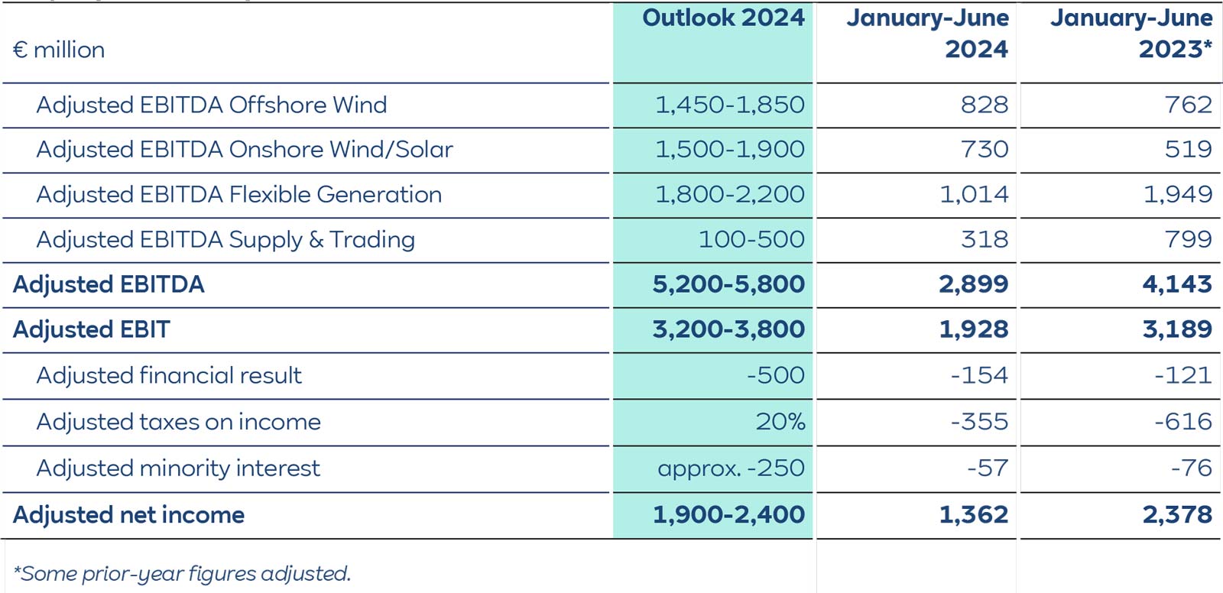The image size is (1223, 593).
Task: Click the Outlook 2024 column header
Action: coord(723,18)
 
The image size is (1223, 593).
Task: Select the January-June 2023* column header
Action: coord(1131,34)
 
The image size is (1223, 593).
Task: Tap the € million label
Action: coord(59,50)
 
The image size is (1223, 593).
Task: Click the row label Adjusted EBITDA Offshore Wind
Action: coord(211,105)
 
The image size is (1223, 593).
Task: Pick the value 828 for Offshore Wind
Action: coord(984,105)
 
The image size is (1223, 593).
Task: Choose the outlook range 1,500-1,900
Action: coord(729,150)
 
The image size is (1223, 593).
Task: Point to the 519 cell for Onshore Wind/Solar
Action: coord(1188,150)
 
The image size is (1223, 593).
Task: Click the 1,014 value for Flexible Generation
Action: coord(973,195)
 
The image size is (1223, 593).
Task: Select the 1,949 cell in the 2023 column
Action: coord(1177,195)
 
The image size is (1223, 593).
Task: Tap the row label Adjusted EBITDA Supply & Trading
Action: coord(225,240)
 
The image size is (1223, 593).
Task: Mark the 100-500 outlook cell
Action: coord(751,240)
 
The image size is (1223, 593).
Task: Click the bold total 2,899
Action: coord(973,284)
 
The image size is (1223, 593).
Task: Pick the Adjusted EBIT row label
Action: coord(91,329)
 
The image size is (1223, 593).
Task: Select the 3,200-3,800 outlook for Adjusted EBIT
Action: coord(728,329)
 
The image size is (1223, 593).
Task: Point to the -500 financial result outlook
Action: coord(775,375)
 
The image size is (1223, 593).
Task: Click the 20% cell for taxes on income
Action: coord(780,422)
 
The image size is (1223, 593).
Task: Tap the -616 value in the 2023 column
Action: coord(1182,422)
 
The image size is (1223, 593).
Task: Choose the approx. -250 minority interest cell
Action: coord(731,468)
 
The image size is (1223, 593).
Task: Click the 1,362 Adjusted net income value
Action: coord(973,515)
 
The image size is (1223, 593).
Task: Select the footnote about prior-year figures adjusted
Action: coord(182,574)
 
